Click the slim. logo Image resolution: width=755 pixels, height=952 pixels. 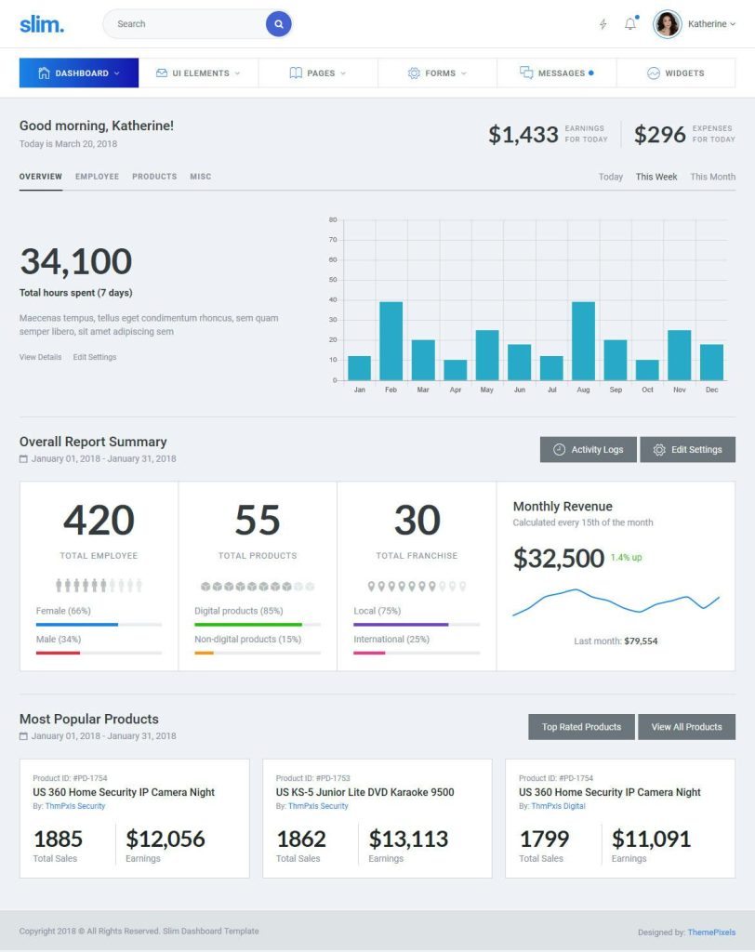[x=42, y=24]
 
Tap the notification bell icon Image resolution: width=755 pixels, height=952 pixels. [x=630, y=24]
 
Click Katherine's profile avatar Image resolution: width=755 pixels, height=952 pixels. [x=667, y=24]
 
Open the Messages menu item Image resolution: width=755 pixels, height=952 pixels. [x=556, y=73]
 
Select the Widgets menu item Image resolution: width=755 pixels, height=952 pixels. [x=676, y=73]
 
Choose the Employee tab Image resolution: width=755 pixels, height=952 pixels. [x=97, y=176]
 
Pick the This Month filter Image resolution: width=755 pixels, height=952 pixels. [x=712, y=177]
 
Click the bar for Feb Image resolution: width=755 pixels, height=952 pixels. [x=391, y=340]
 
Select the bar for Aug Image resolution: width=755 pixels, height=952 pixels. [x=583, y=340]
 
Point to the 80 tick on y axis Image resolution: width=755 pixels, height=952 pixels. [x=333, y=220]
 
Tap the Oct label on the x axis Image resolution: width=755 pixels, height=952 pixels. [x=648, y=390]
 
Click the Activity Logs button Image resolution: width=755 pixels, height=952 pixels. [x=588, y=450]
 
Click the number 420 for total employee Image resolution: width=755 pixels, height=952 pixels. [x=99, y=521]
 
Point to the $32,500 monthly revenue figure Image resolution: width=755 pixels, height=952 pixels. [x=558, y=559]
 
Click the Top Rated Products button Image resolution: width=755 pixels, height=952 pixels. [x=581, y=727]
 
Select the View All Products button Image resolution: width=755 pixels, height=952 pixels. [x=686, y=727]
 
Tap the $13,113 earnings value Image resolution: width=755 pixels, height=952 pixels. [x=408, y=839]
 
